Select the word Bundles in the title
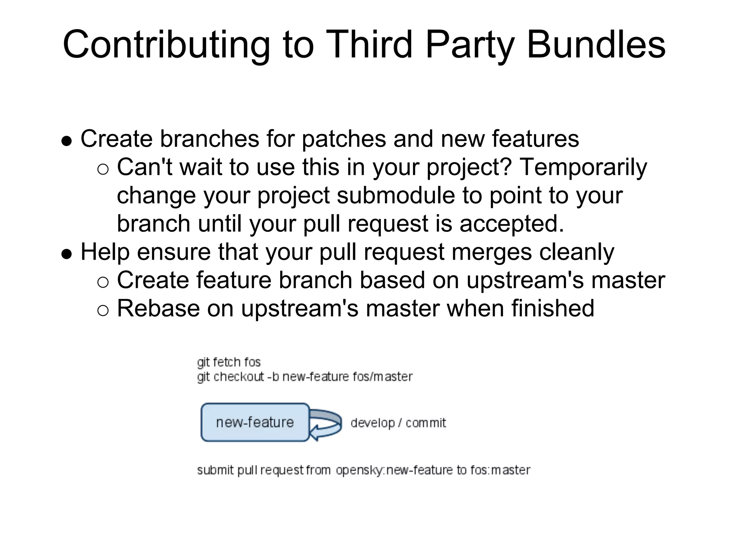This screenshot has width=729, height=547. click(596, 45)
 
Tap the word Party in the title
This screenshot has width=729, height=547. click(470, 45)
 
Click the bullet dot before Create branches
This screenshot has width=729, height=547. click(67, 141)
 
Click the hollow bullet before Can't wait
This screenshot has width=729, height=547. click(103, 170)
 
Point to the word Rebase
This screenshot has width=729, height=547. click(158, 308)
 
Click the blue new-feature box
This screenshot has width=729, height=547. click(255, 422)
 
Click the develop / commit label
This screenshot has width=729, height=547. click(398, 423)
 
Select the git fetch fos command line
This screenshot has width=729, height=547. click(229, 362)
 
